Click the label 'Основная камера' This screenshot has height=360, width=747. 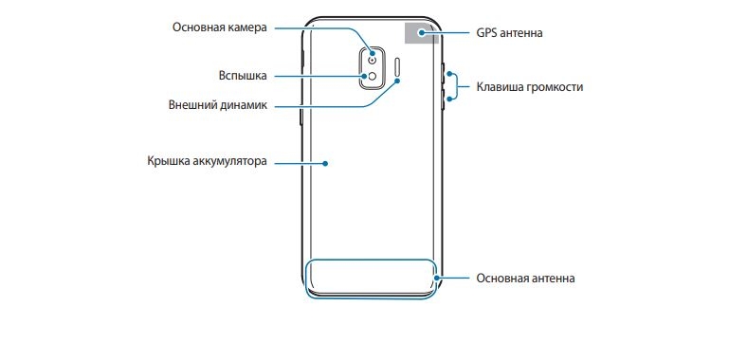(x=220, y=27)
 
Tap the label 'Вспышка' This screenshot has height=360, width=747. (x=243, y=76)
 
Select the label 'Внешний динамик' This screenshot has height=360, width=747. (x=218, y=105)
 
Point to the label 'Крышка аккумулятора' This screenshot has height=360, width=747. (x=207, y=161)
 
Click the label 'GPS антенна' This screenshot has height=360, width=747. (x=509, y=33)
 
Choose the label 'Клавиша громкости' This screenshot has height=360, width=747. (x=530, y=87)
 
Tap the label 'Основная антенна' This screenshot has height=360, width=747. (x=525, y=279)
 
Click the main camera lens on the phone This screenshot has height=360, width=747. (x=372, y=60)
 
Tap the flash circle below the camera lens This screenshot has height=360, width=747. (x=372, y=76)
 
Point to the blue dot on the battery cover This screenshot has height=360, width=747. (x=325, y=163)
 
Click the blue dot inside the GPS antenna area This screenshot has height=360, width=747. (x=421, y=32)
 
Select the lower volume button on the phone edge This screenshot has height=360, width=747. (x=444, y=98)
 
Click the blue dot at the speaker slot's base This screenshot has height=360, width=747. (x=398, y=81)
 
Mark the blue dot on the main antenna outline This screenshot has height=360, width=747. (x=436, y=278)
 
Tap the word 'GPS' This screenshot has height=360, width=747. (x=486, y=33)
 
